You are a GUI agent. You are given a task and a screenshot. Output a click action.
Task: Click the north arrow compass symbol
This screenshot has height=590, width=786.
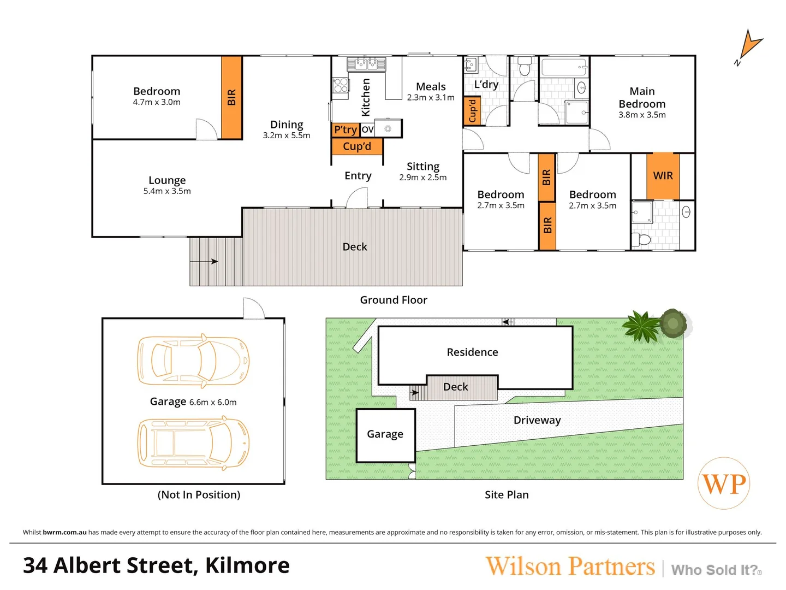click(x=749, y=46)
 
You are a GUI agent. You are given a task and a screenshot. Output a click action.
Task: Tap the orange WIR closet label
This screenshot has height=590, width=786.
click(x=663, y=176)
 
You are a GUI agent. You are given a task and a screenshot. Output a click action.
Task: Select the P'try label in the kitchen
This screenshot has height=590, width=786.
click(x=345, y=129)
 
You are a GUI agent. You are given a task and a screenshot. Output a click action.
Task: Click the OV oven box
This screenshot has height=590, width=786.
click(x=367, y=129)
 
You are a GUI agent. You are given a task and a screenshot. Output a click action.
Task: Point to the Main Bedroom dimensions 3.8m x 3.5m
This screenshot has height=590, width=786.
click(x=642, y=115)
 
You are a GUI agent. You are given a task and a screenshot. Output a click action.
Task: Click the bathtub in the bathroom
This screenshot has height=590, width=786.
click(x=563, y=68)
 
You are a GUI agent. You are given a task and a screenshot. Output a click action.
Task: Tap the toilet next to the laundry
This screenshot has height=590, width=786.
click(x=525, y=66)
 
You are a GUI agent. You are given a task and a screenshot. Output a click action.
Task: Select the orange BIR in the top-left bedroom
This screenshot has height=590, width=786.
click(x=231, y=97)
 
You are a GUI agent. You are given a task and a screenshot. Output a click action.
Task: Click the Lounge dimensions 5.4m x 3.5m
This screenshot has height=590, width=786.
click(x=167, y=191)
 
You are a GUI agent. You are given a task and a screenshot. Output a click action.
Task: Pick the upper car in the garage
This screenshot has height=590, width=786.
click(x=193, y=361)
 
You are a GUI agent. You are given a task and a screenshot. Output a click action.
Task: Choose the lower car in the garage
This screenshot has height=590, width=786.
click(x=193, y=442)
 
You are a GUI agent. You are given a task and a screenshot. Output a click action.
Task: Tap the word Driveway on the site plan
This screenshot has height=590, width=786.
click(x=537, y=420)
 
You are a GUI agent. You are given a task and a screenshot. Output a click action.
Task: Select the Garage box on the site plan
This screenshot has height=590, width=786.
click(x=385, y=435)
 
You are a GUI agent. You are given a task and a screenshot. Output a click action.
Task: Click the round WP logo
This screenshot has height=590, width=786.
click(x=724, y=483)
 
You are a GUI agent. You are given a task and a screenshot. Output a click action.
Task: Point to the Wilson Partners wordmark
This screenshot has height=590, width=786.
click(x=570, y=567)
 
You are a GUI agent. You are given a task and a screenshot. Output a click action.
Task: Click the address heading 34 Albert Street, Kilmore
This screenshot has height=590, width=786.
click(x=156, y=566)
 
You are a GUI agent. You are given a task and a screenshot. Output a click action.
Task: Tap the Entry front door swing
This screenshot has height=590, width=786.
click(x=358, y=198)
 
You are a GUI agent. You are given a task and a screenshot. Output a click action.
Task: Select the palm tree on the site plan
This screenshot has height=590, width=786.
click(x=642, y=327)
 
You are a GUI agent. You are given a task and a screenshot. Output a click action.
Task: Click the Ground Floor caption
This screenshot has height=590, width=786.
click(x=394, y=300)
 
